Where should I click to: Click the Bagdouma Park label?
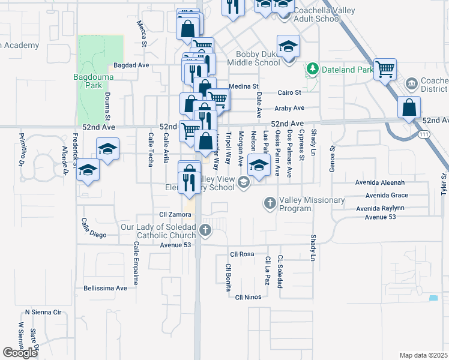[88, 81]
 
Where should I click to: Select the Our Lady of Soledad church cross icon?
[205, 230]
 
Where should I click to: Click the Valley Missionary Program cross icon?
[270, 204]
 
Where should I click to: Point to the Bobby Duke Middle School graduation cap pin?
[288, 47]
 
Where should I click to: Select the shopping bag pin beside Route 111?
[409, 108]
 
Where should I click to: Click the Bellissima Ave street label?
[106, 288]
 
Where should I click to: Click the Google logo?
[20, 353]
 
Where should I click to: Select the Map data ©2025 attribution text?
[423, 355]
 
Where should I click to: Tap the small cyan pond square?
[433, 298]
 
